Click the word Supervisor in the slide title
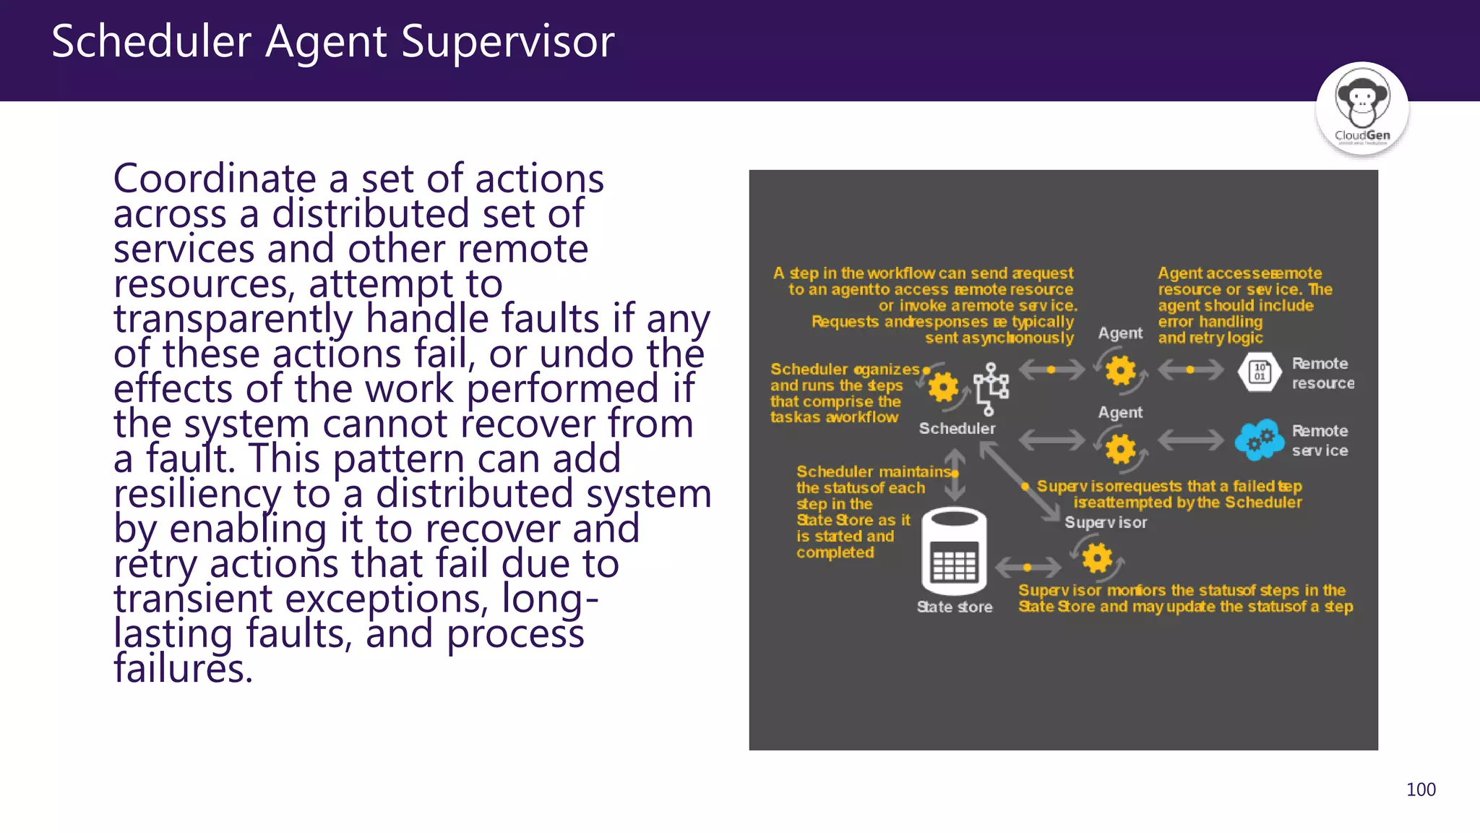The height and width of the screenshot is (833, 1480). coord(507,42)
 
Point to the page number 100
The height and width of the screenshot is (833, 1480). coord(1421,790)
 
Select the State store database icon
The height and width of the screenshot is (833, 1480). coord(954,551)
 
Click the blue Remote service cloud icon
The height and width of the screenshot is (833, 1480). coord(1260,440)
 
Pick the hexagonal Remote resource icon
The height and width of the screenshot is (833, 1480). coord(1260,372)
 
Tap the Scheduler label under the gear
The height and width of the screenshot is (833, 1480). coord(957,429)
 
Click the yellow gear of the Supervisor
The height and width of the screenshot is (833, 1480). coord(1097,558)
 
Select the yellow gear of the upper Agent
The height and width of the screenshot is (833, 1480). coord(1120,371)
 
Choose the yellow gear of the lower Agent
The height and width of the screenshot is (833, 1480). coord(1120,449)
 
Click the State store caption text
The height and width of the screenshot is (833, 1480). coord(954,607)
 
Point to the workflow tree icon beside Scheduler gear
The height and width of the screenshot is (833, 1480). coord(991,389)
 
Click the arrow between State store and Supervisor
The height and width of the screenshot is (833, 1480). coord(1028,568)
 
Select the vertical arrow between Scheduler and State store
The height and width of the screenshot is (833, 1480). coord(955,474)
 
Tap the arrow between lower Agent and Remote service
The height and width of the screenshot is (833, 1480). coord(1190,440)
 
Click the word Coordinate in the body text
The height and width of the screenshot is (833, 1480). coord(215,179)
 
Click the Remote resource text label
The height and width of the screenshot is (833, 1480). coord(1322,373)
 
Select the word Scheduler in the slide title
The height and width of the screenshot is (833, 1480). coord(151,42)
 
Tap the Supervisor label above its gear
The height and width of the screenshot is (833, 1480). coord(1105,523)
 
